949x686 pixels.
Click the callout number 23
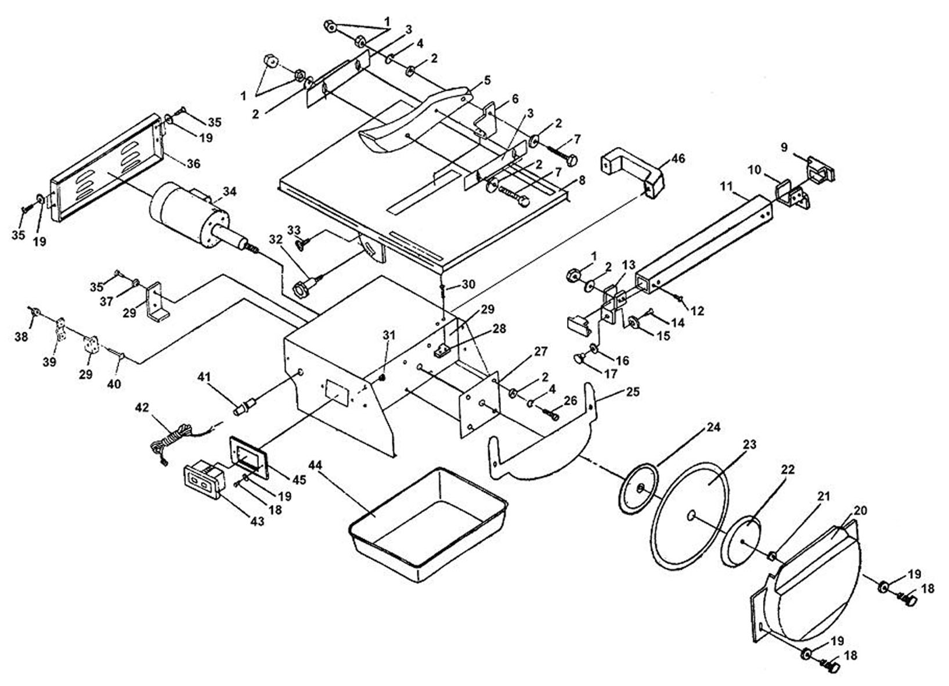(x=749, y=445)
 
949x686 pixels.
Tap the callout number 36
(x=193, y=163)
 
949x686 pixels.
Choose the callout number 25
(x=632, y=392)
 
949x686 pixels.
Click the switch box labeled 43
(x=203, y=482)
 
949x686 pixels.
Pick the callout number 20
(x=860, y=511)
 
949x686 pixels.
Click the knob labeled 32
(x=306, y=287)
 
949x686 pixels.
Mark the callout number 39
(x=49, y=362)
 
